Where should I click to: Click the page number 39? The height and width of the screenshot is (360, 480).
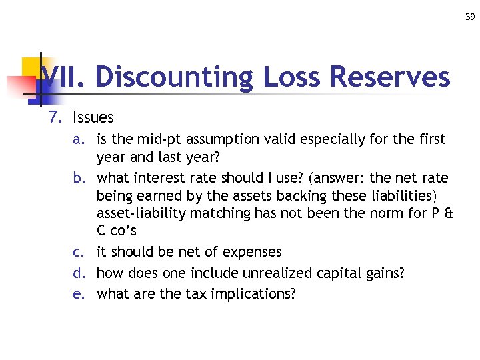[x=471, y=17]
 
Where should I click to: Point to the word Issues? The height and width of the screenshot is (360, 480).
[x=93, y=118]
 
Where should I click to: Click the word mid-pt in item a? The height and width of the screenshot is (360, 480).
[x=160, y=140]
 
